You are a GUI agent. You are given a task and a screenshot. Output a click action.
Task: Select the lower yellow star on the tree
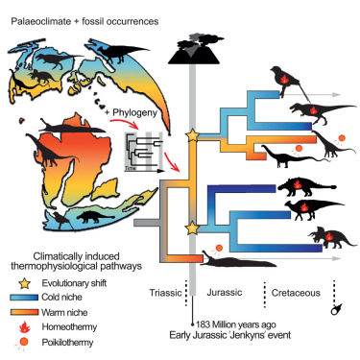(x=191, y=228)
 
